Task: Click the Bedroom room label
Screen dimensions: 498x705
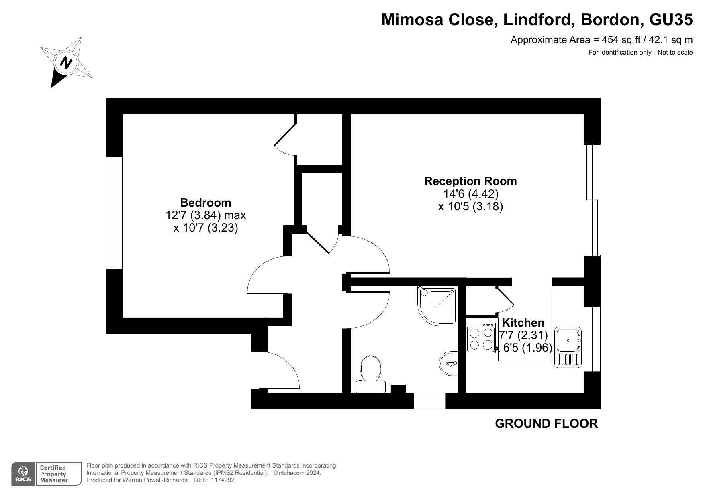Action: [205, 203]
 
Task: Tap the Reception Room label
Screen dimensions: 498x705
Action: [470, 181]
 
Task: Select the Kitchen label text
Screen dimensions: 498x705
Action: [523, 323]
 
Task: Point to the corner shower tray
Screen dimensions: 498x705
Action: [437, 305]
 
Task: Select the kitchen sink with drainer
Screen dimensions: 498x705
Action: [568, 347]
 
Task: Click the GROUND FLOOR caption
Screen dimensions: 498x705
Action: [546, 423]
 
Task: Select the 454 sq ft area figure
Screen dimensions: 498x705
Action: [617, 40]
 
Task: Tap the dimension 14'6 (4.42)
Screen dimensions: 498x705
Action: [470, 194]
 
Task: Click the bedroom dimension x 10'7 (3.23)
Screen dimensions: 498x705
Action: [205, 228]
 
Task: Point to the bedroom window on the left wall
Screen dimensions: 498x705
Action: [114, 213]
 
